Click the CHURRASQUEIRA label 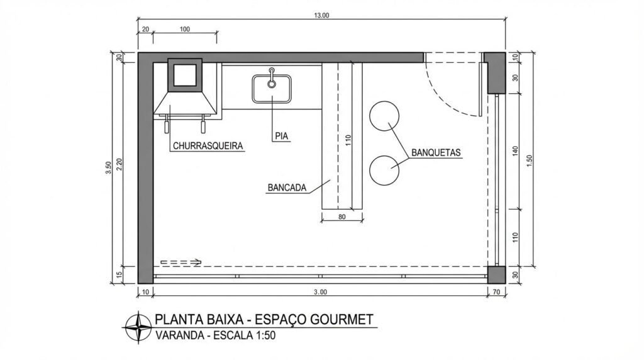pos(207,146)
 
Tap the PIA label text pos(280,135)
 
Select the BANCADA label pos(287,188)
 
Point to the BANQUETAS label pos(436,153)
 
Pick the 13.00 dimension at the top pos(321,16)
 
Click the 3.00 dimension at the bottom pos(320,292)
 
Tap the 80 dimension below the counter pos(342,218)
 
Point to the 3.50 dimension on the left pos(109,167)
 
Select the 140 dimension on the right pos(515,150)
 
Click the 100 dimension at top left pos(185,30)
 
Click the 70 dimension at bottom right pos(496,292)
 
